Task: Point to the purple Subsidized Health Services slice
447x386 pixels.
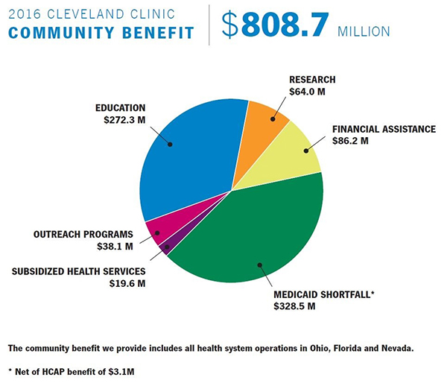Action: (166, 247)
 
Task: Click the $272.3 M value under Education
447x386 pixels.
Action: (120, 119)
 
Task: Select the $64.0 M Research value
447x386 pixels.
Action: (308, 92)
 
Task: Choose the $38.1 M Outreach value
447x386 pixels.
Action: (114, 246)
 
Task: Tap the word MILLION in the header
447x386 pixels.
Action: (364, 31)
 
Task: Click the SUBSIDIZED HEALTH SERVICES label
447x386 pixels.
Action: (77, 270)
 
